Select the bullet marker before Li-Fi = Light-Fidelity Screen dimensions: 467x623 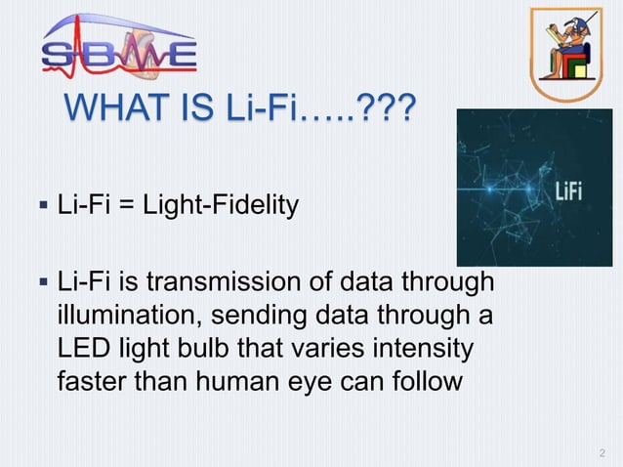click(42, 207)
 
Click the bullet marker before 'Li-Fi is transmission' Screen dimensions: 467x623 click(42, 284)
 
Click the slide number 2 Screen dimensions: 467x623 click(601, 452)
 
